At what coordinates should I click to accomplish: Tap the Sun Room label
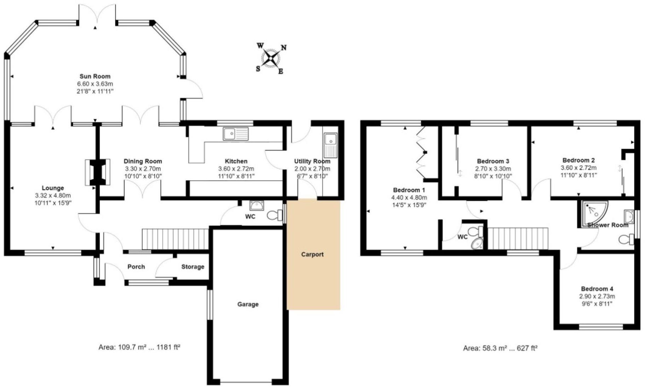click(x=95, y=76)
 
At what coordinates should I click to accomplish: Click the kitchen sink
click(x=235, y=134)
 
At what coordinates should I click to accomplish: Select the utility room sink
click(x=330, y=145)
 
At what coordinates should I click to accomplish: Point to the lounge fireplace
click(x=97, y=172)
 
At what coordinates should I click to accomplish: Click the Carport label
click(x=312, y=254)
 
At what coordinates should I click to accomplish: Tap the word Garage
click(x=248, y=304)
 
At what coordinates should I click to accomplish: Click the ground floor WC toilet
click(x=274, y=215)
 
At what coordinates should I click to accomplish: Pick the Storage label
click(x=193, y=267)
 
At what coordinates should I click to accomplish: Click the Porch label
click(x=136, y=267)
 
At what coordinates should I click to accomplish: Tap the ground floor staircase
click(x=175, y=239)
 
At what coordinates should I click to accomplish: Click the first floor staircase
click(x=517, y=238)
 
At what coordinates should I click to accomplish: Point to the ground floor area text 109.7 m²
click(x=139, y=347)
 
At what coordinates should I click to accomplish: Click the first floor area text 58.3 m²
click(x=500, y=348)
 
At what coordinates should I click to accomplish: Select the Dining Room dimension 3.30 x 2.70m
click(x=142, y=169)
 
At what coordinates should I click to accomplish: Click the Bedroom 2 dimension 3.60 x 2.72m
click(x=578, y=168)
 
